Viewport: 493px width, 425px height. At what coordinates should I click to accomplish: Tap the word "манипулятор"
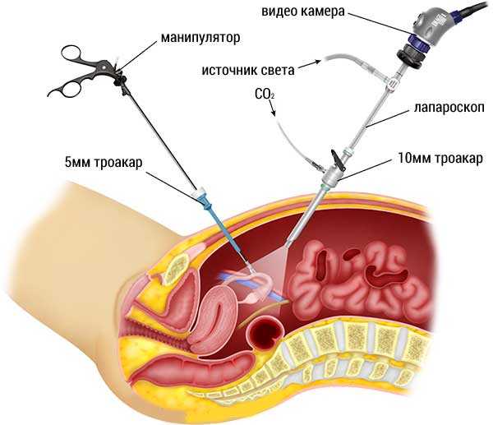point(200,39)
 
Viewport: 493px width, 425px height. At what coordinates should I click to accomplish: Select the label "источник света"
point(248,70)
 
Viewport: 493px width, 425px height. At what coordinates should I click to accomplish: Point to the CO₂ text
point(265,94)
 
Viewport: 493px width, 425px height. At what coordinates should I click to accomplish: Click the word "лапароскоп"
point(449,108)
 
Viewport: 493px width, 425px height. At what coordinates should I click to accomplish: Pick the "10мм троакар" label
point(440,158)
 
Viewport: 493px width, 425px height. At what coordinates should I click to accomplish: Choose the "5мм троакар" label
point(104,163)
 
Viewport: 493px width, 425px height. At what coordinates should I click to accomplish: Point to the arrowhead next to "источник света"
point(317,62)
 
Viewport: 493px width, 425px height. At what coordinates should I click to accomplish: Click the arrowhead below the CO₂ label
point(274,113)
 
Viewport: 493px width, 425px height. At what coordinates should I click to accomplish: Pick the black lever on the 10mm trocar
point(337,159)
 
